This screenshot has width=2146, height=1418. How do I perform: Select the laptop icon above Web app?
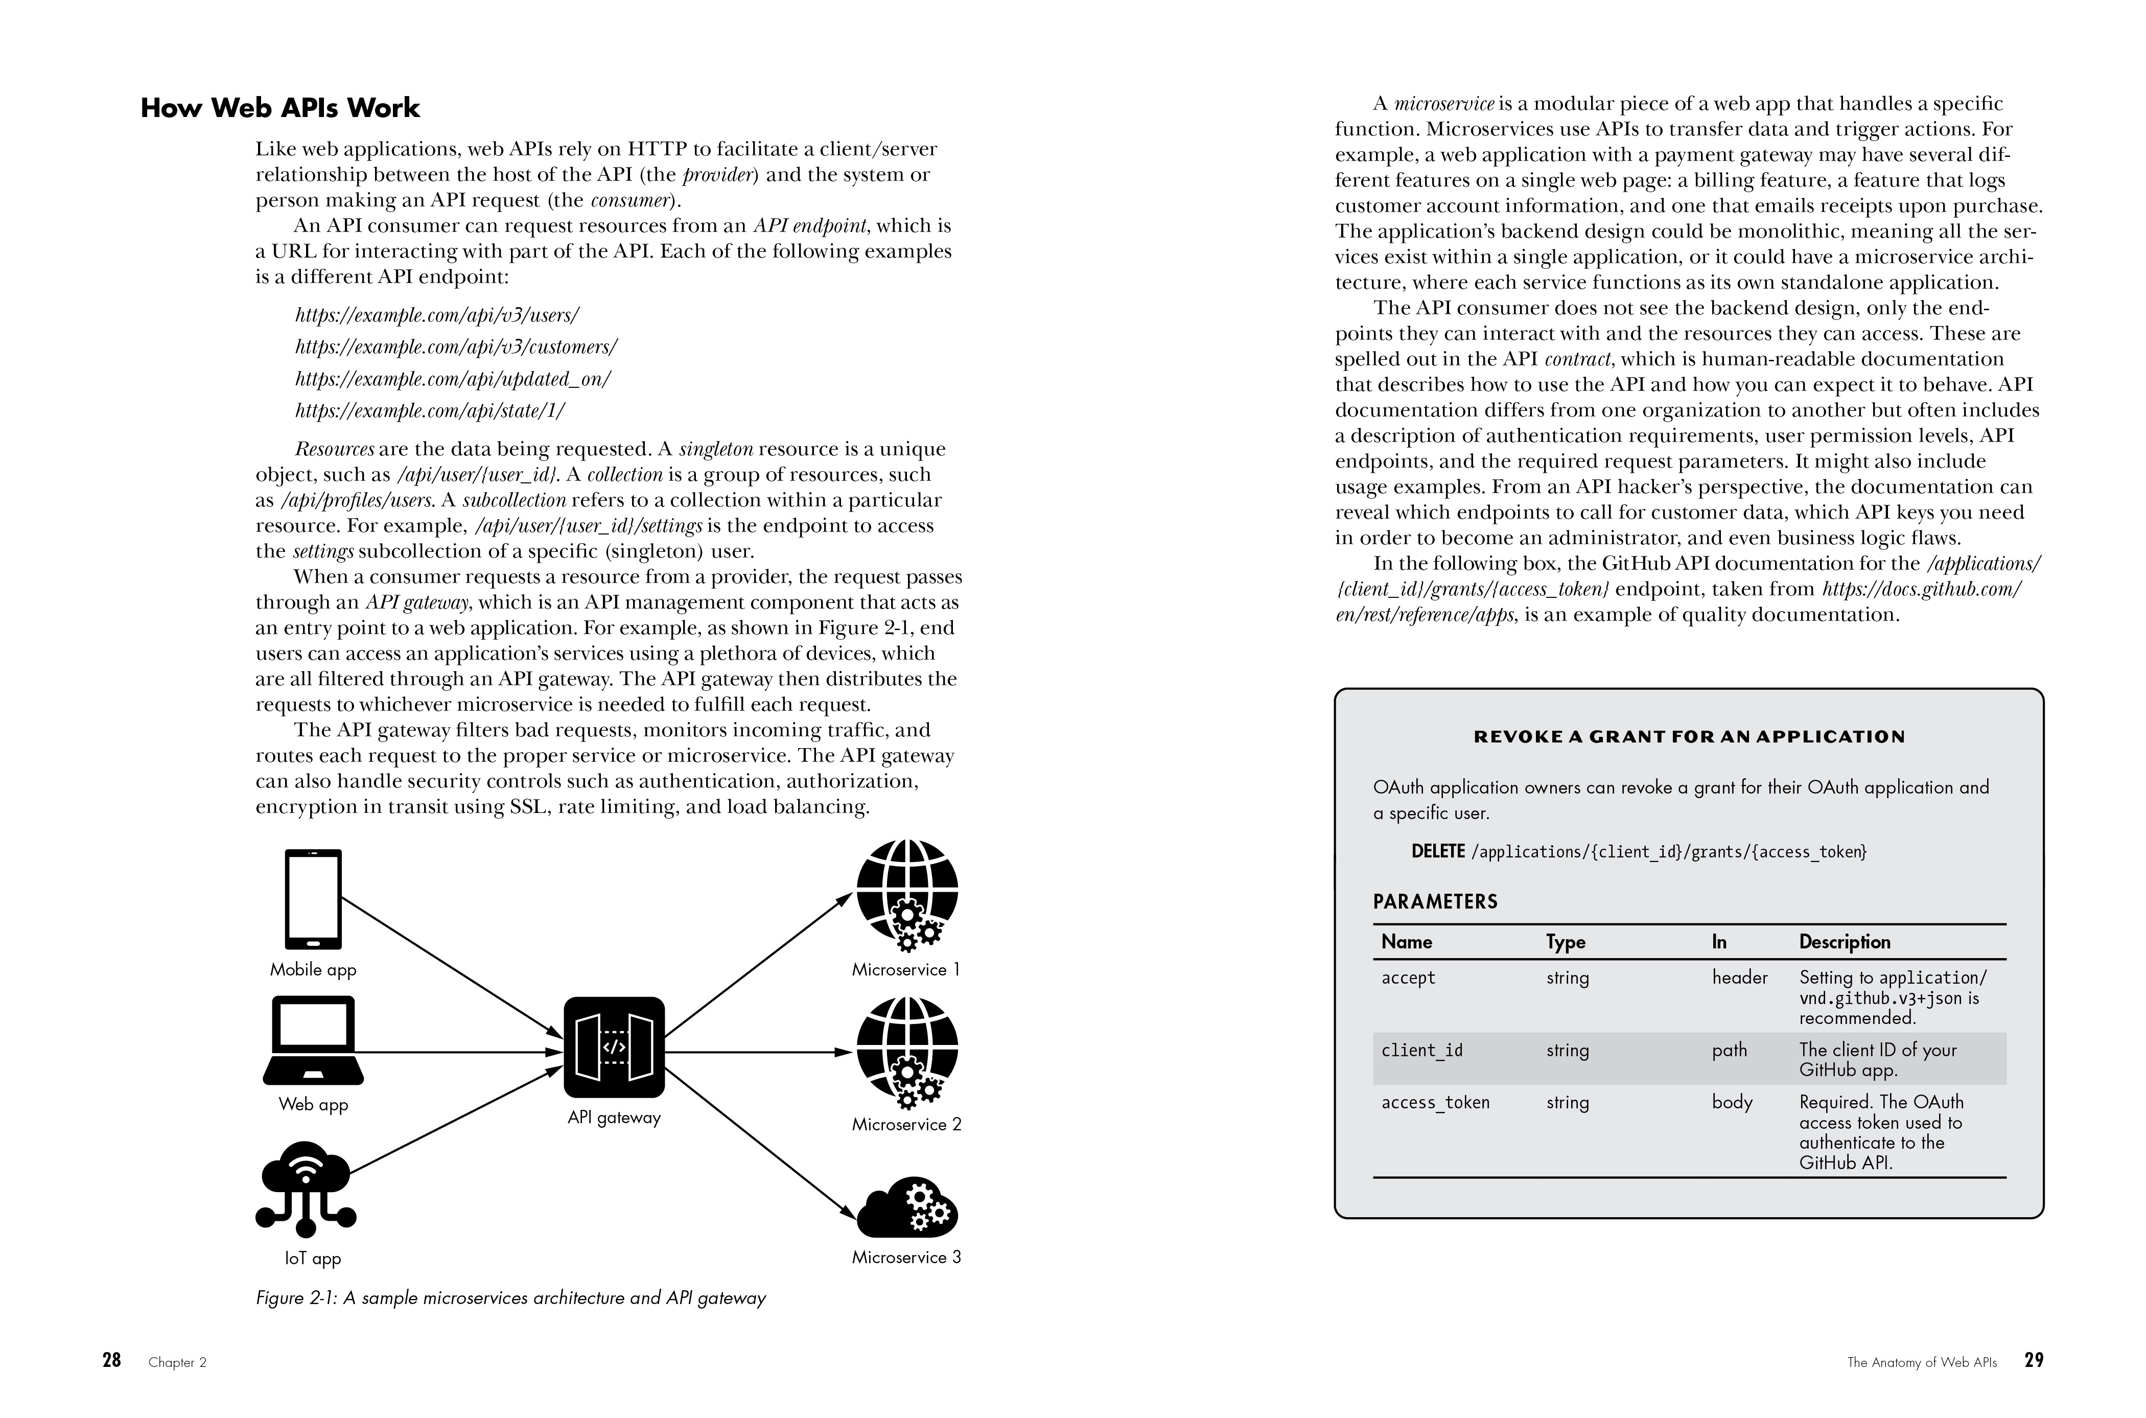click(x=313, y=1040)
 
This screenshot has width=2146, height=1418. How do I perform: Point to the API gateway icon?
click(x=614, y=1047)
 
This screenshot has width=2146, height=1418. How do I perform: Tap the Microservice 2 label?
click(x=906, y=1124)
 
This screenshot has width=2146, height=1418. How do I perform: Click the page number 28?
click(x=111, y=1360)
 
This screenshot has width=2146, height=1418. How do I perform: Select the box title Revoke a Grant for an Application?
click(x=1688, y=737)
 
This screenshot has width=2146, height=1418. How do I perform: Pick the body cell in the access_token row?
click(x=1732, y=1102)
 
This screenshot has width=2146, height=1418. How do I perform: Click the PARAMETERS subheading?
click(x=1435, y=901)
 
